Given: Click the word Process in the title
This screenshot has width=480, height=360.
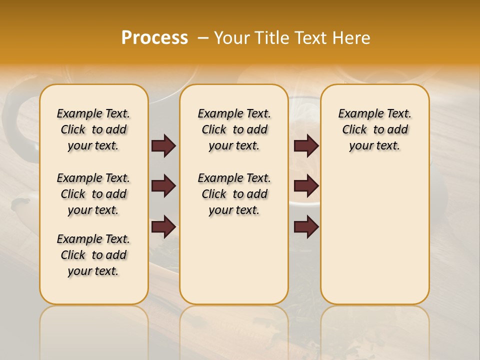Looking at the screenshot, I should (154, 38).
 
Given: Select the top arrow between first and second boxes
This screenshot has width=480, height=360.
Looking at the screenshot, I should (163, 146).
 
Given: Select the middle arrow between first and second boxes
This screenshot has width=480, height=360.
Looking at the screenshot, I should (163, 186).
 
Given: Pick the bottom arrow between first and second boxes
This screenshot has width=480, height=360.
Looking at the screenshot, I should (163, 226).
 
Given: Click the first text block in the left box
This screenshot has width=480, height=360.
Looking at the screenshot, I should (93, 129).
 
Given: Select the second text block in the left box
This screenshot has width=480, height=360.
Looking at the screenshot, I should (93, 194).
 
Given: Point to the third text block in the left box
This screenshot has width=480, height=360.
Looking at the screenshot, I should (93, 255).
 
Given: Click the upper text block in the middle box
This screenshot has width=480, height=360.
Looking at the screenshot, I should (234, 129).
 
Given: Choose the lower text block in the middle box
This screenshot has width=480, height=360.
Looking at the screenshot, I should (234, 194).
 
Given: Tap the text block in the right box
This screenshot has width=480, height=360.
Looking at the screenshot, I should (374, 129).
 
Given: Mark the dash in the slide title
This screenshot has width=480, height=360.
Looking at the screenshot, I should (203, 38).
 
